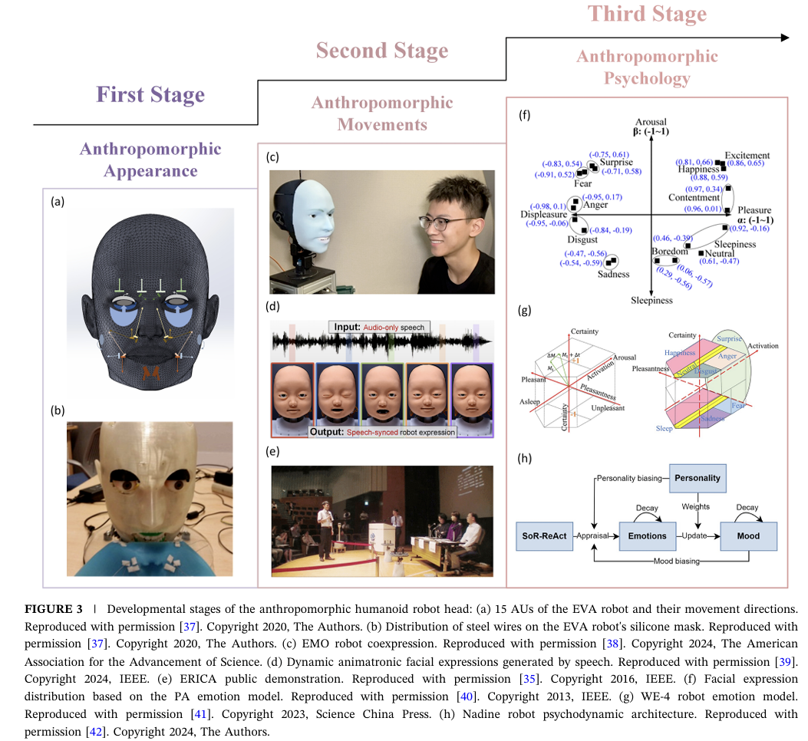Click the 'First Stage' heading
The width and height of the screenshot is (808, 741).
point(150,95)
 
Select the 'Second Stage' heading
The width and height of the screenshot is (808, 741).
point(381,51)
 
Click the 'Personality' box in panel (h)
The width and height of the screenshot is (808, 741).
point(698,478)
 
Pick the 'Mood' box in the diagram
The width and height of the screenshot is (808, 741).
point(748,535)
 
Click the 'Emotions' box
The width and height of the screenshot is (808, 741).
point(647,535)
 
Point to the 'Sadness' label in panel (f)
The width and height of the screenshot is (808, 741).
point(613,275)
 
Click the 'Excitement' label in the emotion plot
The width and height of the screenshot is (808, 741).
point(747,155)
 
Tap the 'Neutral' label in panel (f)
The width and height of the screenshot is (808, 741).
point(720,253)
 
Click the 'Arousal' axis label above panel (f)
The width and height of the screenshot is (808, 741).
point(651,122)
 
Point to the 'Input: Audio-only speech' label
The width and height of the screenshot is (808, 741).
point(379,327)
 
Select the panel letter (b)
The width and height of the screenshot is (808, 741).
point(58,410)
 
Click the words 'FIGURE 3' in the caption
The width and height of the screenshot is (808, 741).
point(53,610)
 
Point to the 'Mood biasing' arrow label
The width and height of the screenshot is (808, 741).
point(676,562)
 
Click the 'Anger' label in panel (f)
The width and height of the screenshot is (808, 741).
point(595,205)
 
